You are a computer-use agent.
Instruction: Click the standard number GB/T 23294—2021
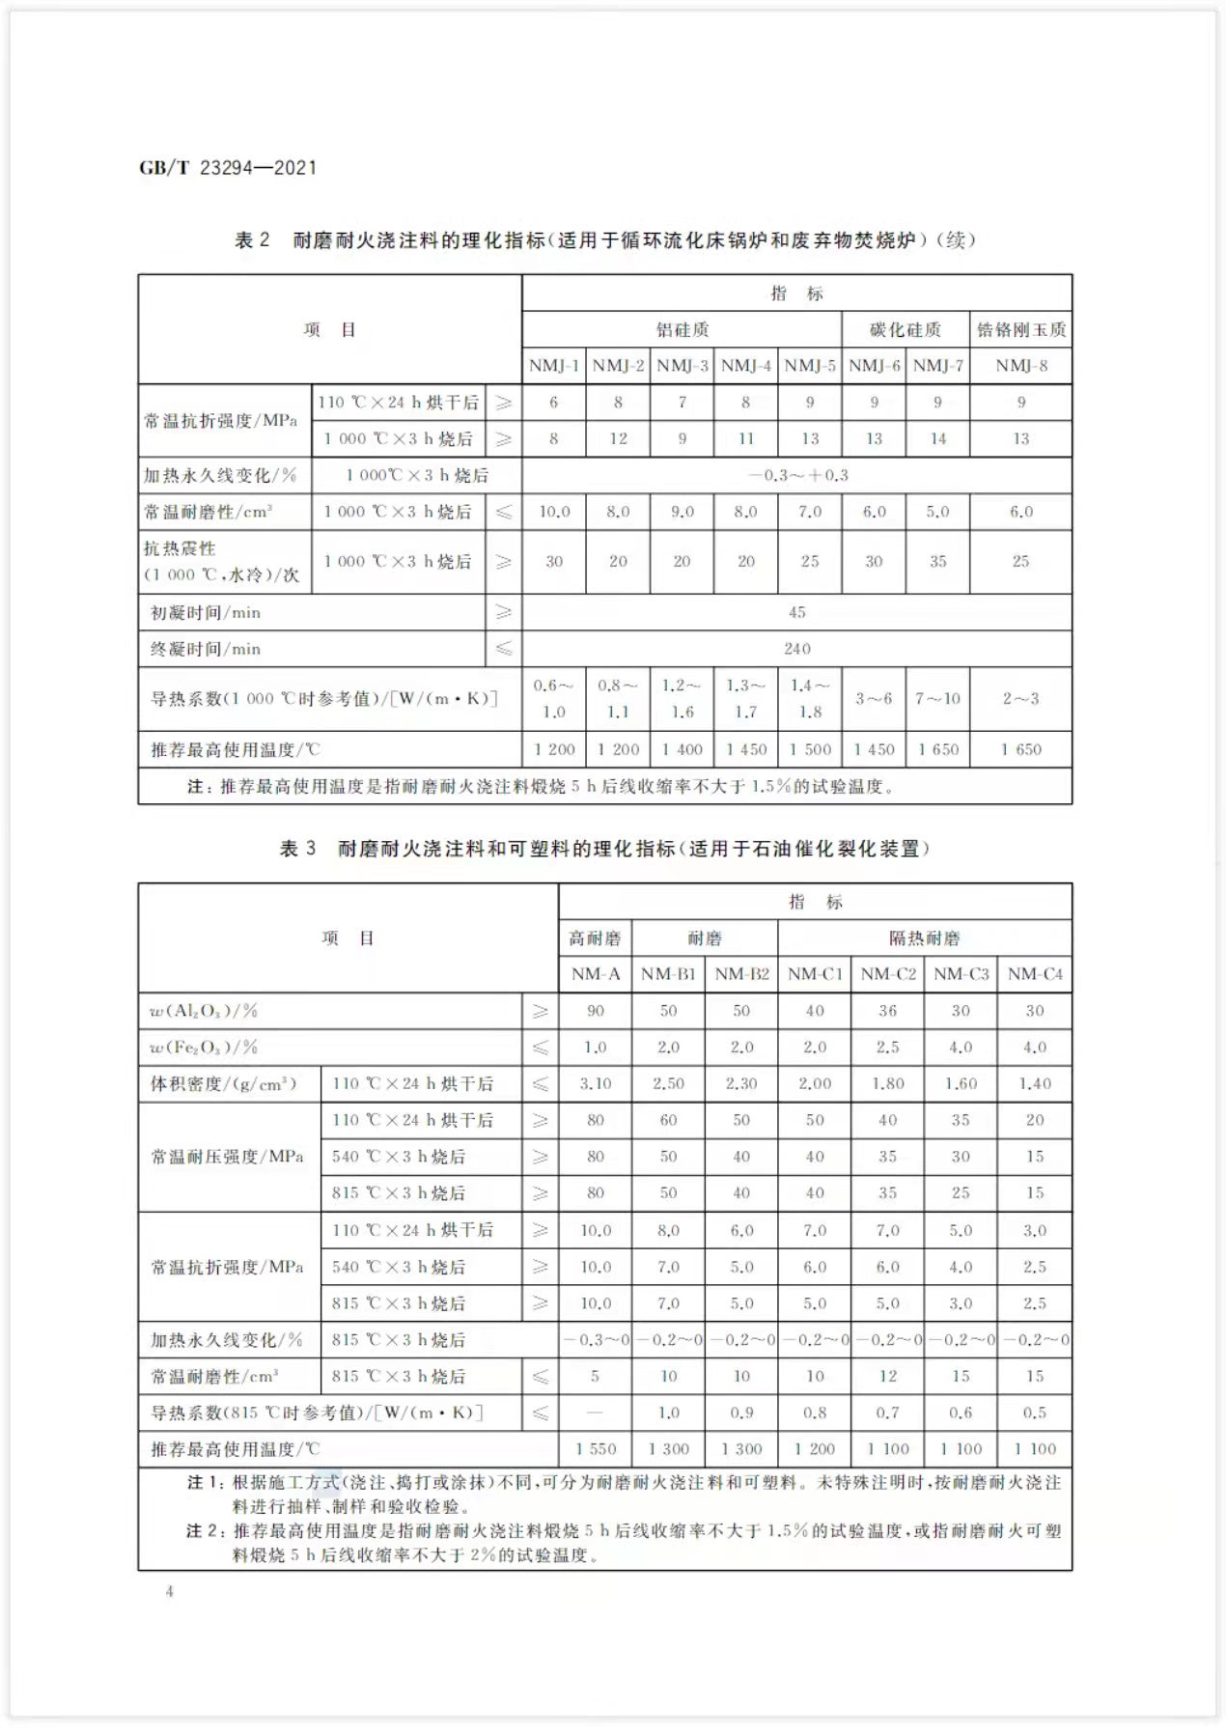pos(228,167)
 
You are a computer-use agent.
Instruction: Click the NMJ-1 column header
pos(554,366)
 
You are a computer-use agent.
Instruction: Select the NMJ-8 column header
pos(1021,366)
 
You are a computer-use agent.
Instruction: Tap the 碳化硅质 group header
pos(905,329)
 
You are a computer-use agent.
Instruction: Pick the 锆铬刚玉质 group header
pos(1021,329)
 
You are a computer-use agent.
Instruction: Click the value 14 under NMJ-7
pos(937,438)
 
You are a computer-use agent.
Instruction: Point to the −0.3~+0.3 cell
pos(797,475)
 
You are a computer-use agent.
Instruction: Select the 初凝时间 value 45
pos(797,612)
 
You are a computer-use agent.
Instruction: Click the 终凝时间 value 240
pos(797,649)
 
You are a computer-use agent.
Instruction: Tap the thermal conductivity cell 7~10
pos(937,698)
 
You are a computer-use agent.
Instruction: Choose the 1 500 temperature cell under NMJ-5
pos(810,749)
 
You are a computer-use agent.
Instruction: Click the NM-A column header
pos(596,974)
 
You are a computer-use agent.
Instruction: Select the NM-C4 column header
pos(1035,974)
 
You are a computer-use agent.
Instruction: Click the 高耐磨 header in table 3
pos(596,938)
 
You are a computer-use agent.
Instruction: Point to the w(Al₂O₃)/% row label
pos(205,1011)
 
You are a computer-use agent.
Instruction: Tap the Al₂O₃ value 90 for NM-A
pos(596,1011)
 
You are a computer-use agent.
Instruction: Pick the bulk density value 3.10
pos(596,1083)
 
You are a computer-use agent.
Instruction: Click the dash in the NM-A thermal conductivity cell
pos(596,1413)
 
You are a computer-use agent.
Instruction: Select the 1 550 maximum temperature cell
pos(596,1449)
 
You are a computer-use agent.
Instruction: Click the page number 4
pos(170,1591)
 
